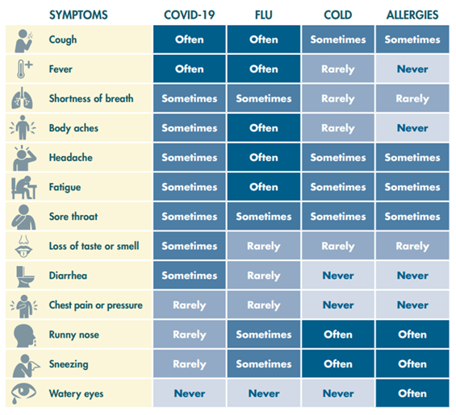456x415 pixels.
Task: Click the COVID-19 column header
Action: click(190, 15)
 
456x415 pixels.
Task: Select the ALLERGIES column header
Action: click(412, 15)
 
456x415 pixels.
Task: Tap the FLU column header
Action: click(264, 15)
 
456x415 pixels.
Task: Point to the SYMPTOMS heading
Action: click(78, 15)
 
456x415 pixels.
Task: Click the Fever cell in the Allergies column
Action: click(412, 68)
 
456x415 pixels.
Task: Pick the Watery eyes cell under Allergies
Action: click(412, 393)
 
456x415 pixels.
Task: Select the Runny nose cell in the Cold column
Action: click(338, 334)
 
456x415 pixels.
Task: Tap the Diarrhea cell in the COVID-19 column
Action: click(190, 276)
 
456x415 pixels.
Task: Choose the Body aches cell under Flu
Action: click(264, 128)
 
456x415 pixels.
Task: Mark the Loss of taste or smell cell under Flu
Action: click(264, 246)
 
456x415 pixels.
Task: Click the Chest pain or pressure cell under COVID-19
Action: click(190, 305)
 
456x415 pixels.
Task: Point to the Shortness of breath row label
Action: click(91, 98)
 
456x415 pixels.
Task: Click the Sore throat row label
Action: click(73, 216)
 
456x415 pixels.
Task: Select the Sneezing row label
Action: click(69, 364)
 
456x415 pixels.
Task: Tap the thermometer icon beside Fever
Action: click(24, 68)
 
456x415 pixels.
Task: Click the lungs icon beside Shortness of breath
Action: click(22, 98)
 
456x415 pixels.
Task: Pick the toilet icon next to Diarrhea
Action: click(25, 276)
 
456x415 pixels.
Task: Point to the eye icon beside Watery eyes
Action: click(23, 393)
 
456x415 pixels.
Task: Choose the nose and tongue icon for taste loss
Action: click(23, 247)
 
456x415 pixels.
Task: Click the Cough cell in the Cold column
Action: click(338, 39)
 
